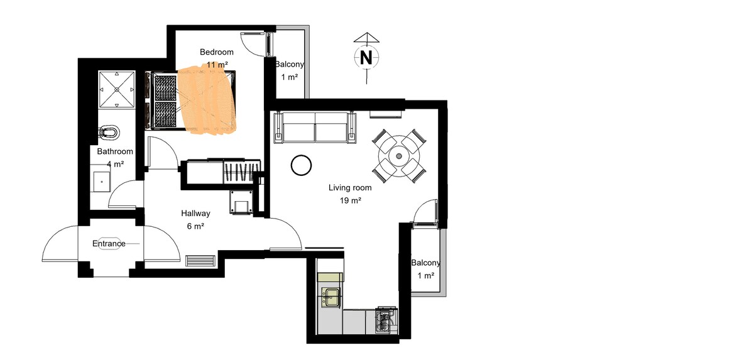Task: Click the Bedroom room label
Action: (x=216, y=52)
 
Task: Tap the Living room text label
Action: (x=350, y=188)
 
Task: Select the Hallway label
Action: (x=195, y=214)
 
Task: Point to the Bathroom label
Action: (x=115, y=151)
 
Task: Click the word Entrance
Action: (x=109, y=244)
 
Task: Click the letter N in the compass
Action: (x=366, y=58)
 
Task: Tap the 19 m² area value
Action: (x=351, y=201)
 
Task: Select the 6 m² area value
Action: (x=195, y=226)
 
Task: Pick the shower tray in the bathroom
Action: (x=117, y=90)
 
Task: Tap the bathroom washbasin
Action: (x=102, y=182)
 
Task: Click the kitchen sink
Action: (x=332, y=297)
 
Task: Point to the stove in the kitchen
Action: (x=386, y=320)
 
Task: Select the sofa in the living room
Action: (x=315, y=128)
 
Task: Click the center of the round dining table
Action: (x=399, y=156)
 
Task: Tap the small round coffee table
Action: (x=301, y=165)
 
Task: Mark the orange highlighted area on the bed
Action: (x=206, y=101)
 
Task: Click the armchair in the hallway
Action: (x=241, y=202)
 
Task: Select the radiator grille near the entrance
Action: (x=200, y=261)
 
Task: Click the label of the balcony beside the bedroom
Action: (x=290, y=64)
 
